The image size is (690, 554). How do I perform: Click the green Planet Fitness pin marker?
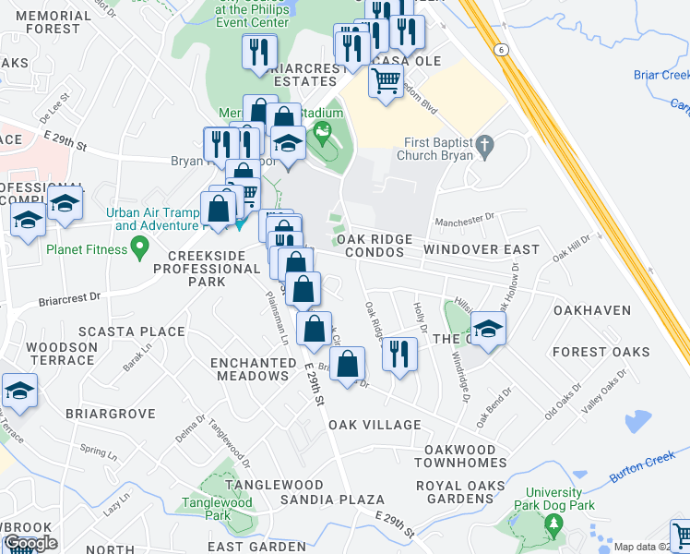tap(140, 247)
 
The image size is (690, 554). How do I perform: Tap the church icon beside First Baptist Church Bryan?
tap(485, 145)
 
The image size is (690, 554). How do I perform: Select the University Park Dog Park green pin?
tap(553, 526)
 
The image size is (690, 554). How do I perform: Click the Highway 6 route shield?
tap(501, 49)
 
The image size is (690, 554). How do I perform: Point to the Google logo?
tap(30, 543)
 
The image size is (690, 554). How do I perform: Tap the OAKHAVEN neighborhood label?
tap(592, 311)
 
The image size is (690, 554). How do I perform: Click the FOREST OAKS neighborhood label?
tap(601, 352)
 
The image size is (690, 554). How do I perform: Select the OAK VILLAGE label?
tap(375, 426)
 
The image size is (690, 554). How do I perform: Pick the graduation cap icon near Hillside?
tap(488, 327)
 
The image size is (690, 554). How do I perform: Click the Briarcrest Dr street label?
tap(69, 300)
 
